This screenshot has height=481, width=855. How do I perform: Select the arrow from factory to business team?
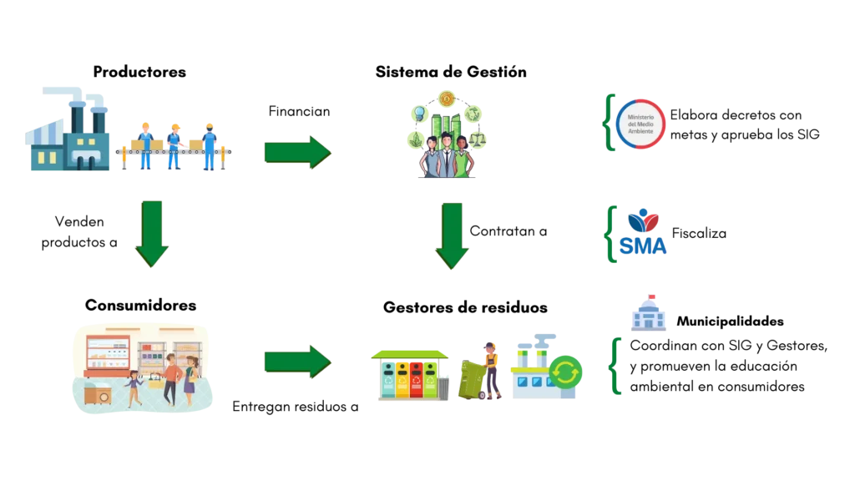point(297,153)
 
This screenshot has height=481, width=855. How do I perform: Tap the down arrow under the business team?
point(452,235)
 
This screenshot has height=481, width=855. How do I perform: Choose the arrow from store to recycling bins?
point(297,361)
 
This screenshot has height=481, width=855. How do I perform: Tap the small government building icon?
point(648,312)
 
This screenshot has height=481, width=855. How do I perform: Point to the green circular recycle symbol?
point(566,372)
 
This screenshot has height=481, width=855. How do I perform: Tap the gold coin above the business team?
point(446,99)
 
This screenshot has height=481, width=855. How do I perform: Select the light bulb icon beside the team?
point(418,113)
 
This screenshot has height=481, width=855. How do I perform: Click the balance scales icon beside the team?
point(477,136)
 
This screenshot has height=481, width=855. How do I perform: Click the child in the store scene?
point(134,390)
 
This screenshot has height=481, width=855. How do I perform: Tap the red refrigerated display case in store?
point(107,356)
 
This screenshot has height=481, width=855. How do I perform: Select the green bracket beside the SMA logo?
point(611,233)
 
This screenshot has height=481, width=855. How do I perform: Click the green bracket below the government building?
point(617,366)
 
